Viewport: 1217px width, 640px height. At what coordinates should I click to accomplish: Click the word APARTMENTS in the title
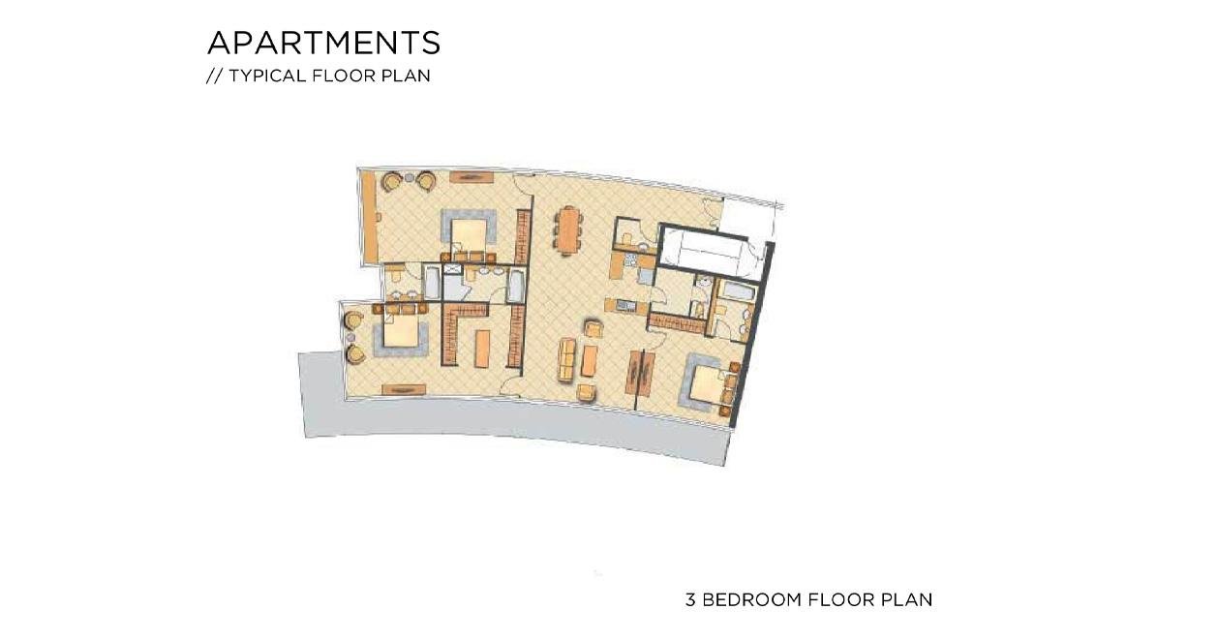coord(323,43)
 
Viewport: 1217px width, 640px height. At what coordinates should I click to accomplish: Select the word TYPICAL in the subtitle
coord(268,76)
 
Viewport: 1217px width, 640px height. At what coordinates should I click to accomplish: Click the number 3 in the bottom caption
coord(690,599)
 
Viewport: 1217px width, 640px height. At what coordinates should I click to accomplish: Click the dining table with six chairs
coord(569,230)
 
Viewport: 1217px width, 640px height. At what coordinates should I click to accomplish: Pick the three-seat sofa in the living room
coord(567,359)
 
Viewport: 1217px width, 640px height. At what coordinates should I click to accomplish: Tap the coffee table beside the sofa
coord(589,361)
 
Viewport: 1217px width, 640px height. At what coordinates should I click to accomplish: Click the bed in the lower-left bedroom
coord(401,331)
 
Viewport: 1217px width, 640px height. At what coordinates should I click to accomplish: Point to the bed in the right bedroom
coord(710,385)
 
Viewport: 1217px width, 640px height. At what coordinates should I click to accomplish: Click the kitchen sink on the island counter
coord(626,306)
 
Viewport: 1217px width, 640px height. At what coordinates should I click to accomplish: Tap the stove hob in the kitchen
coord(630,259)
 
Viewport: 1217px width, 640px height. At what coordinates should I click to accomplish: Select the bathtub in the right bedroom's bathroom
coord(738,291)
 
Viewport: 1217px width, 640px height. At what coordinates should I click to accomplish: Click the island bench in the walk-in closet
coord(482,349)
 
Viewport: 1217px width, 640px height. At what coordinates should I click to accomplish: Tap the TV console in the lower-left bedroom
coord(403,389)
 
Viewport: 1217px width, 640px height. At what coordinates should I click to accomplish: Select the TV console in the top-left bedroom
coord(472,177)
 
